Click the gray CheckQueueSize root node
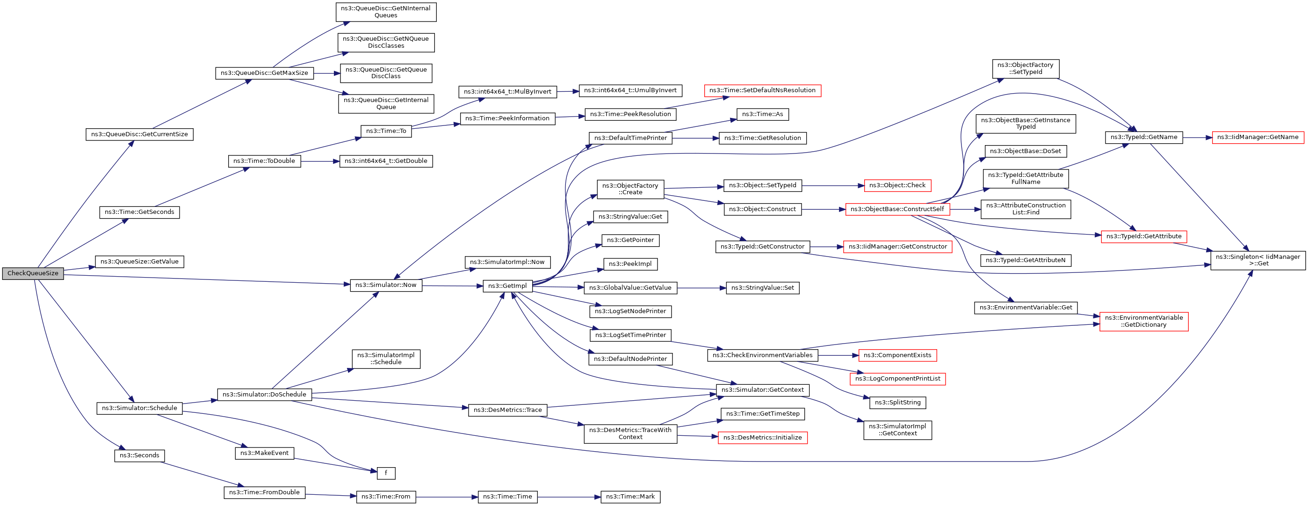(x=33, y=273)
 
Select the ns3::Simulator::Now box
(x=386, y=285)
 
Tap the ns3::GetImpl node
(x=507, y=286)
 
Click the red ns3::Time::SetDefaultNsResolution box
(x=762, y=90)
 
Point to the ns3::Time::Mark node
(x=630, y=497)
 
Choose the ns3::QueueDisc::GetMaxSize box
(x=264, y=73)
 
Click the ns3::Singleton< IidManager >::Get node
(x=1258, y=260)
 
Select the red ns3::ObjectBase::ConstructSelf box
(x=897, y=209)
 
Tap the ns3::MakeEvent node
(x=264, y=453)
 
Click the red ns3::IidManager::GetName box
(x=1258, y=137)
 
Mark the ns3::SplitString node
(x=898, y=403)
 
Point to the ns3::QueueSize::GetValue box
(x=139, y=262)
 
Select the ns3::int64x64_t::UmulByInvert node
(x=630, y=90)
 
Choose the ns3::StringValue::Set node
(x=762, y=288)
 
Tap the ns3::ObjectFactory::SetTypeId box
(x=1025, y=69)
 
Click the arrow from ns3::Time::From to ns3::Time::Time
(x=447, y=497)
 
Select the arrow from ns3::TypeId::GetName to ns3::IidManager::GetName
(x=1197, y=137)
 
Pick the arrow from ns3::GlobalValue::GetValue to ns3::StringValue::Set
(x=701, y=288)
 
